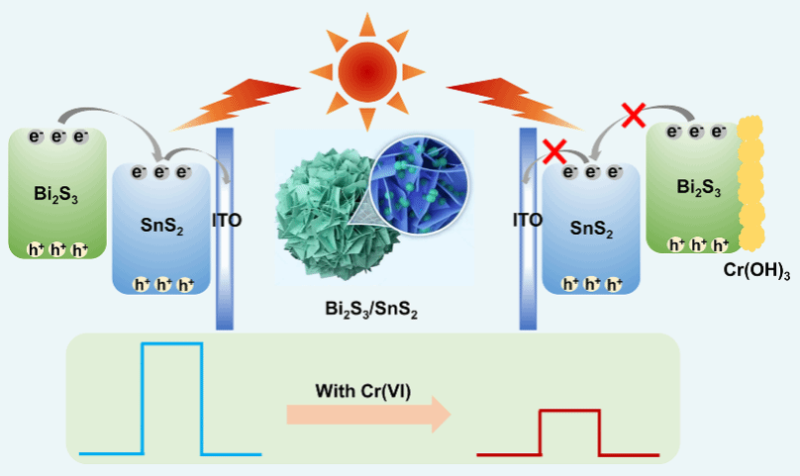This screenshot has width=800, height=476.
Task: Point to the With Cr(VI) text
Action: coord(363,389)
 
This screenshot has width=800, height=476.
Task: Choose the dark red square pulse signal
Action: coord(569,432)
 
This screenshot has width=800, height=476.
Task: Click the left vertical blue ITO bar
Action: coord(224,228)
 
